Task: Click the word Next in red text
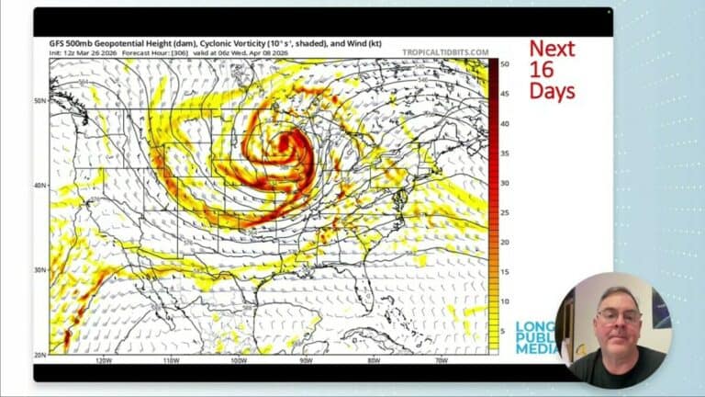552,49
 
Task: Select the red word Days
552,91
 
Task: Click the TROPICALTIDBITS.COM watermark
445,52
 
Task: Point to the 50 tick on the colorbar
505,63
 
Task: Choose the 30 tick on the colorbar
505,183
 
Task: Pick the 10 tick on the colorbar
505,301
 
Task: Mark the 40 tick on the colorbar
505,123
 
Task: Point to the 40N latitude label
41,186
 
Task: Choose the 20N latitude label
41,354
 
